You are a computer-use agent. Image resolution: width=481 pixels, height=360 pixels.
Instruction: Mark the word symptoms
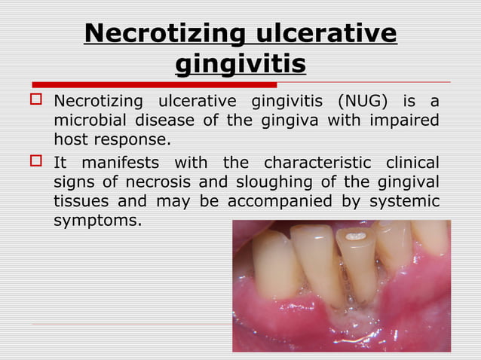coord(96,221)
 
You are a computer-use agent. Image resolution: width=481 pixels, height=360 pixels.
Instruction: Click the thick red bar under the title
coord(155,84)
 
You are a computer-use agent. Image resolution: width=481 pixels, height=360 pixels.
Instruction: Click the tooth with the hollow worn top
coord(355,260)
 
